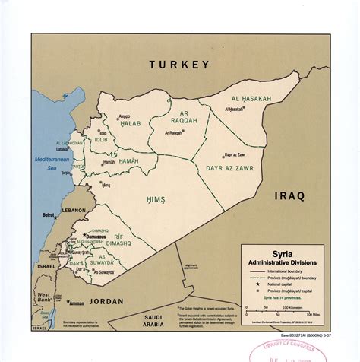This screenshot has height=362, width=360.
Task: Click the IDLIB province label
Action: point(100,140)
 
